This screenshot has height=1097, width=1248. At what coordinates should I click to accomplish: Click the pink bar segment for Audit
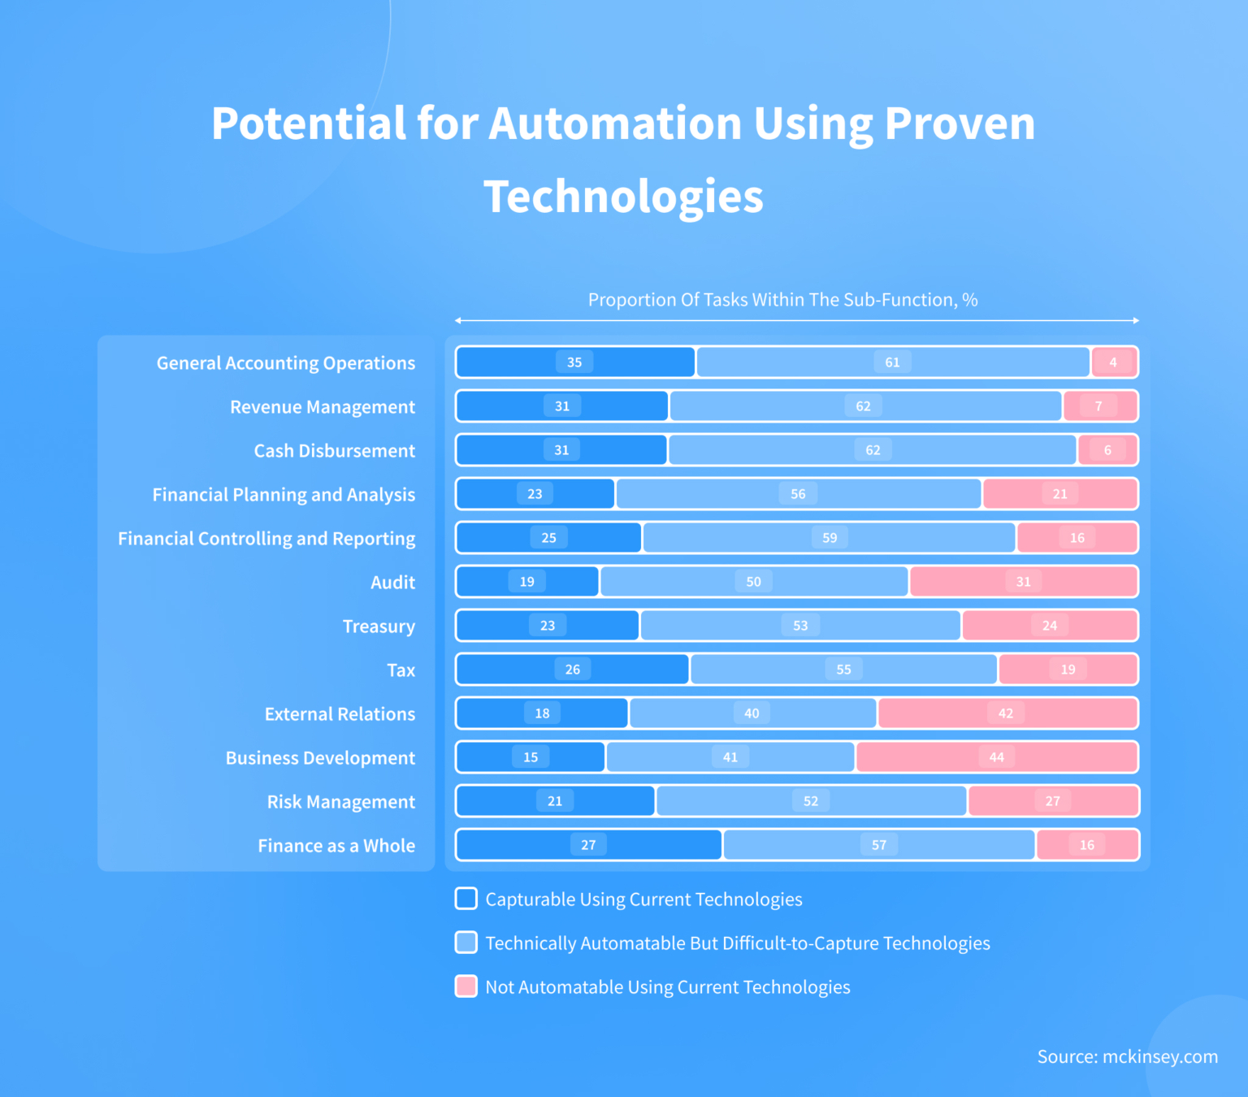coord(1023,582)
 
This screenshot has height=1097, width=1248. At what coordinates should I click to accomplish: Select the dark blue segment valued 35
coord(575,362)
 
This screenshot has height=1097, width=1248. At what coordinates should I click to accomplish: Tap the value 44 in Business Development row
coord(996,757)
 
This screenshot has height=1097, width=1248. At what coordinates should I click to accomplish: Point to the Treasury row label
coord(379,627)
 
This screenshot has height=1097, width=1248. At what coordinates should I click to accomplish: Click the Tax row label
coord(401,670)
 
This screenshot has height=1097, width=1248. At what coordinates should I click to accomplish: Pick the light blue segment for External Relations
coord(752,713)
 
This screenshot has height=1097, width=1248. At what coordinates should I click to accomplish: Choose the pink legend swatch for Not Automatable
coord(466,986)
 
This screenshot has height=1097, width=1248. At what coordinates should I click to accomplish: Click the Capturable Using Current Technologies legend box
coord(466,899)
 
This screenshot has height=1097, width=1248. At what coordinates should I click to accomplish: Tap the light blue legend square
coord(466,943)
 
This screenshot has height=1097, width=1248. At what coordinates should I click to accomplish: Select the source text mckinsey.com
coord(1127,1056)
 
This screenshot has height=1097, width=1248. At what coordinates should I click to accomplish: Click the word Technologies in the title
coord(623,197)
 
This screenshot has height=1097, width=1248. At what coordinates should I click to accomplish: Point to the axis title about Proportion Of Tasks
coord(782,300)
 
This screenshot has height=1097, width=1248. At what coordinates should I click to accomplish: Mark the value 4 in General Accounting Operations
coord(1113,362)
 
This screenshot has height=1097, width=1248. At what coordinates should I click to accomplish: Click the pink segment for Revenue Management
coord(1099,406)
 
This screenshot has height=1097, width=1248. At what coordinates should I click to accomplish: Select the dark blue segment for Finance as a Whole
coord(588,845)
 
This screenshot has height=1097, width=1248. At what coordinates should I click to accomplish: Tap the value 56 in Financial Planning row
coord(798,494)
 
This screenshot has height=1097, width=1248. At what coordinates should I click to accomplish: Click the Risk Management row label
coord(340,802)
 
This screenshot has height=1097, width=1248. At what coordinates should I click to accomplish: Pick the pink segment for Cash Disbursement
coord(1107,450)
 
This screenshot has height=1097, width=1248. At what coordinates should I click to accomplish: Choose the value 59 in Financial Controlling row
coord(830,538)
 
